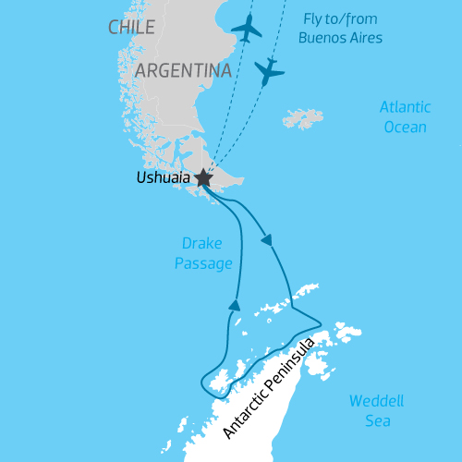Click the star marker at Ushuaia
[203, 179]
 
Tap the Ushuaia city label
[162, 178]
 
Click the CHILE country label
[131, 28]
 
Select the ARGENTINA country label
[182, 70]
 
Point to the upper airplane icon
[247, 29]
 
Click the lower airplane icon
[269, 70]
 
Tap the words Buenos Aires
[340, 38]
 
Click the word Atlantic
[405, 107]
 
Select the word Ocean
[405, 127]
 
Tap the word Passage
[202, 264]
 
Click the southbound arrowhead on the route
[268, 240]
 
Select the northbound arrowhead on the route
[235, 305]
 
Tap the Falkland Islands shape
[304, 118]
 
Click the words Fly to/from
[340, 18]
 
